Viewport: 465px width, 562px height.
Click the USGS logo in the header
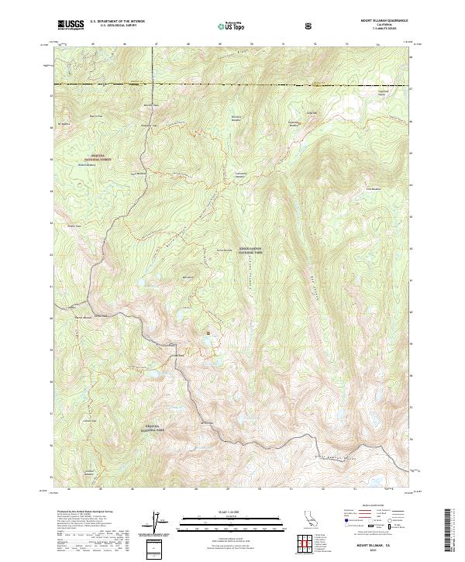(x=70, y=26)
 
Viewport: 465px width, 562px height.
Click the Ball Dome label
(x=186, y=277)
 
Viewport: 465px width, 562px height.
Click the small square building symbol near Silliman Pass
(x=208, y=333)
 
